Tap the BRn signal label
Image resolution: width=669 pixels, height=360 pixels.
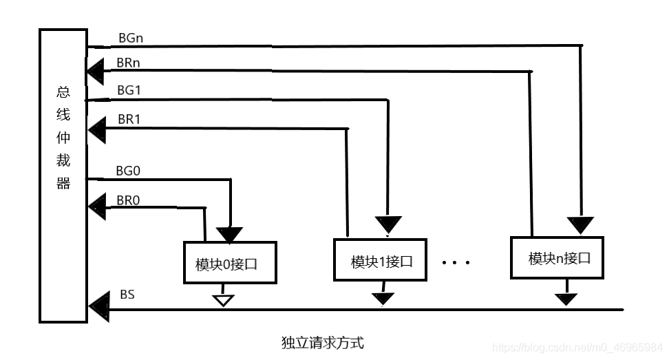tap(129, 63)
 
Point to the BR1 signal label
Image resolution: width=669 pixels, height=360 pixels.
tap(129, 119)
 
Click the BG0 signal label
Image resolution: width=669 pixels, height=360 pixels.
tap(129, 171)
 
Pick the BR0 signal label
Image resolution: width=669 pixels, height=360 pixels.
tap(129, 201)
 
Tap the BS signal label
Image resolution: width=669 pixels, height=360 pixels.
tap(127, 295)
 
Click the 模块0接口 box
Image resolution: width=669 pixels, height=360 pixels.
tap(229, 263)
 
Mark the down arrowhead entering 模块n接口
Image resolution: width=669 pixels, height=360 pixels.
tap(580, 223)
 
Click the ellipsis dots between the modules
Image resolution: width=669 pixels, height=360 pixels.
tap(455, 262)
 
